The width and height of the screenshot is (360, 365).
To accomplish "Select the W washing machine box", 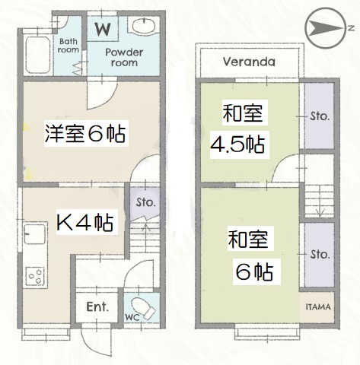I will [x=101, y=29].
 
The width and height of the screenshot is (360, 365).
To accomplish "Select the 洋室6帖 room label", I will [x=83, y=135].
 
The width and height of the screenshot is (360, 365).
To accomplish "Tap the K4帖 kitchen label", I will [x=85, y=223].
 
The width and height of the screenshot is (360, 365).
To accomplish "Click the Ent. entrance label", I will [x=97, y=308].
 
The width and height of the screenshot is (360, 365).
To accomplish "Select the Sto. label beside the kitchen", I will [x=145, y=203].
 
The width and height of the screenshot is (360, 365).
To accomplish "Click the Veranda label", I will [x=248, y=62].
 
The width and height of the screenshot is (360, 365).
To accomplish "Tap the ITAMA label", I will [x=317, y=306].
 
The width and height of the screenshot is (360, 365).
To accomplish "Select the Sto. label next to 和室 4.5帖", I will [x=319, y=116].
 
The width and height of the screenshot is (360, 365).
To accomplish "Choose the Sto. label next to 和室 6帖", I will [x=319, y=253].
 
